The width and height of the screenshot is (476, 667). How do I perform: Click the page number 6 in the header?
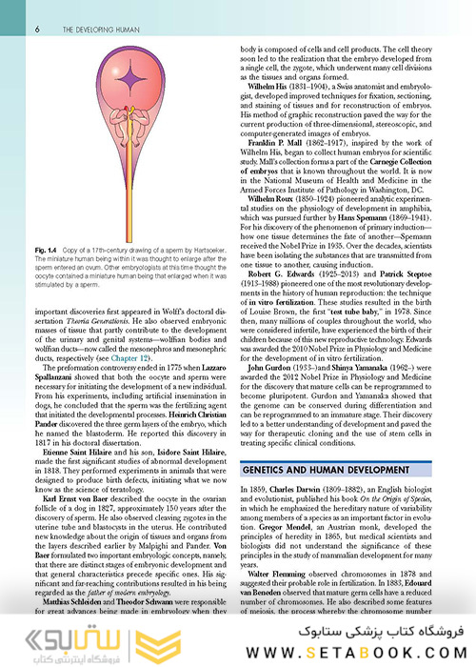click(37, 30)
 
